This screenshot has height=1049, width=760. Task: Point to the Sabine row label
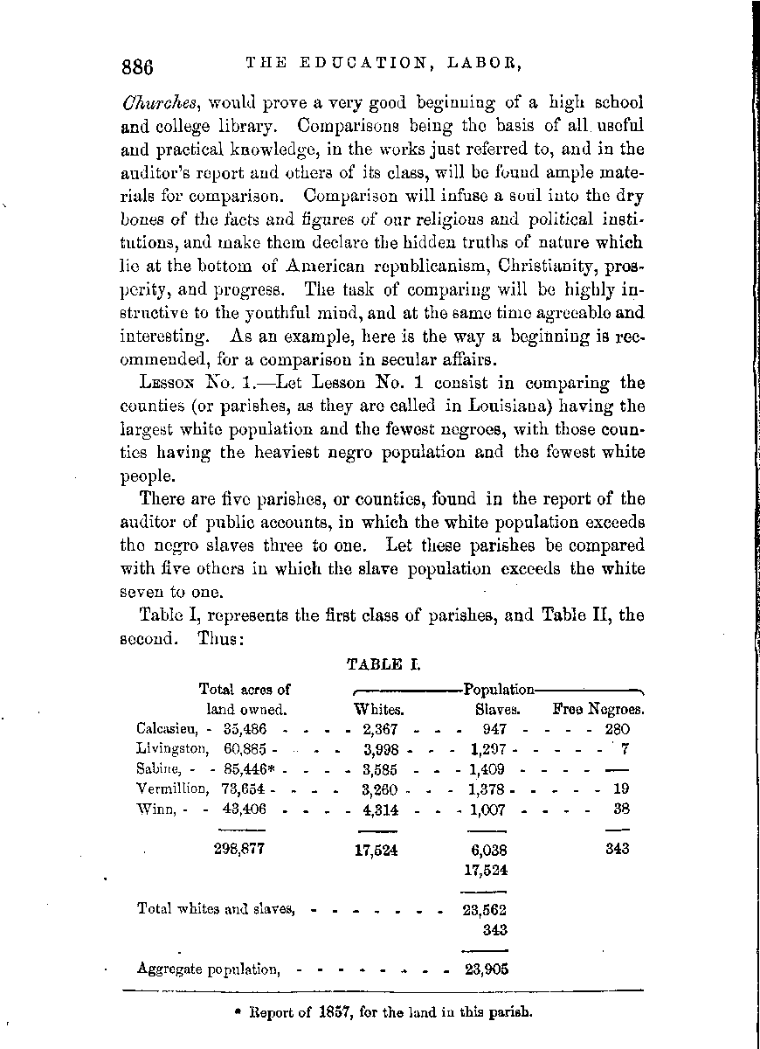pyautogui.click(x=157, y=768)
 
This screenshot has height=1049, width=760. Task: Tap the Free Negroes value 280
pyautogui.click(x=617, y=727)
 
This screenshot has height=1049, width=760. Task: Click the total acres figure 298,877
pyautogui.click(x=238, y=849)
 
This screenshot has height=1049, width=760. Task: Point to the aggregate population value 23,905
pyautogui.click(x=485, y=969)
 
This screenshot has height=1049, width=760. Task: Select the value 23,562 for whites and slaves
pyautogui.click(x=485, y=909)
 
